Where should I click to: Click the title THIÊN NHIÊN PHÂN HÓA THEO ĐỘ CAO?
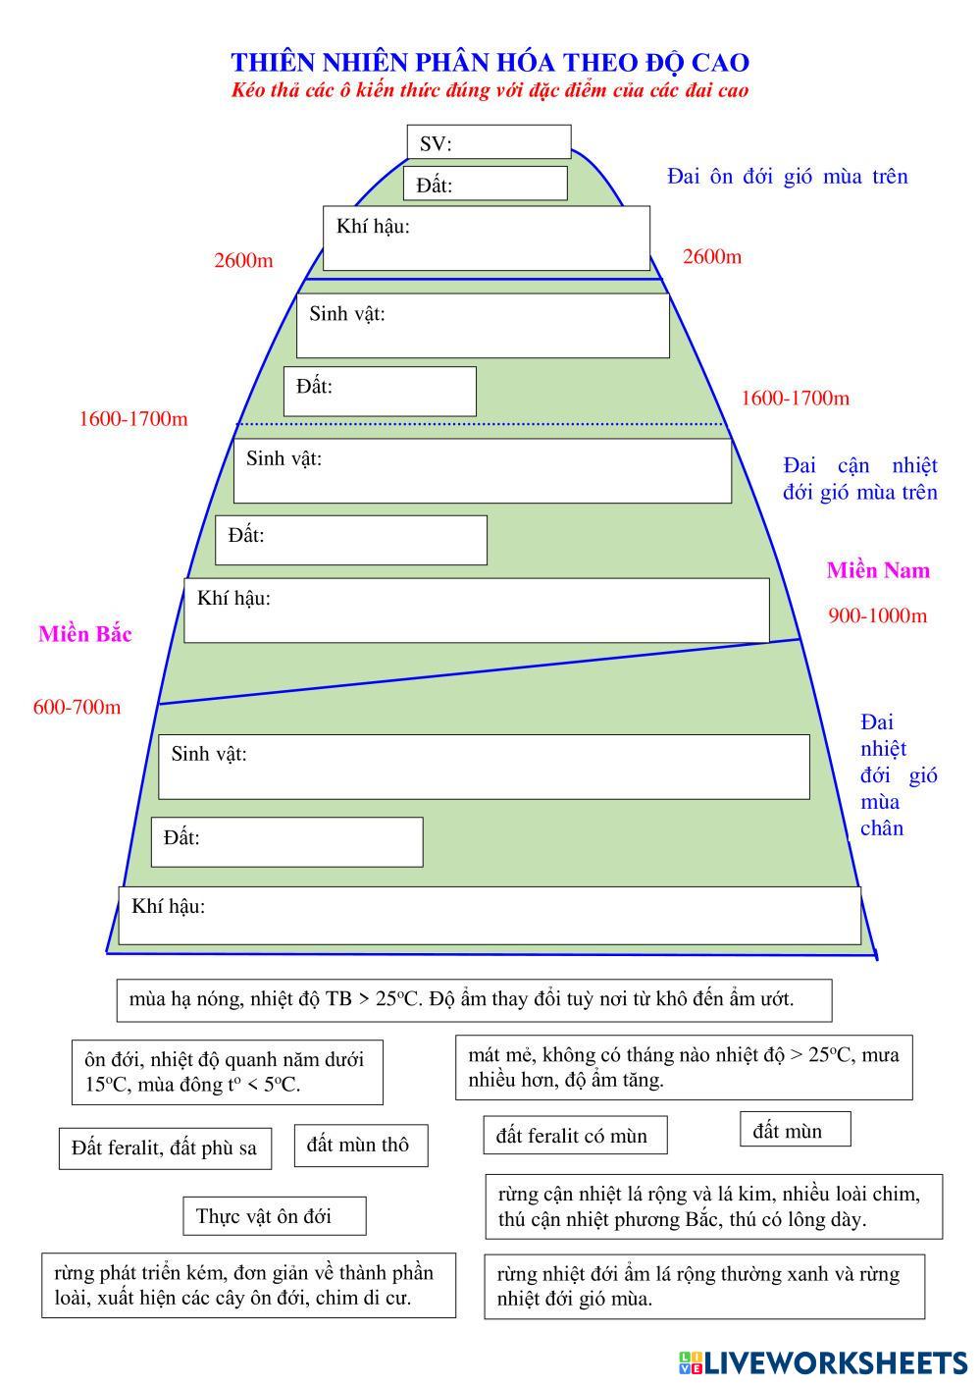point(490,63)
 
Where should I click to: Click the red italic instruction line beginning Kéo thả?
point(490,91)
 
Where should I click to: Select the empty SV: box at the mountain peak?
point(489,142)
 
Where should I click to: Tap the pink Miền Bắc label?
point(85,634)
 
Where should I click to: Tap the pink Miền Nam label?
point(878,571)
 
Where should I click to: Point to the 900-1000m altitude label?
point(877,616)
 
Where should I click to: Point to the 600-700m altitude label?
point(77,708)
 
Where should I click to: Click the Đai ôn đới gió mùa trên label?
point(788,177)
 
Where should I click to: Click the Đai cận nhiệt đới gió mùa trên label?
point(859,479)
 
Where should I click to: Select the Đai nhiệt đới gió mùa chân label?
point(897,775)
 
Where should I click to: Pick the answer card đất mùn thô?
point(361,1146)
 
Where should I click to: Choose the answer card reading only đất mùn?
point(795,1131)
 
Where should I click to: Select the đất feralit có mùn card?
point(575,1136)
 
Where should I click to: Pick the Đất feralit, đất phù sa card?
point(165,1147)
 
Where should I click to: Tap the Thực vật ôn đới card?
point(274,1216)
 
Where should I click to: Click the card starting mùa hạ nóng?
point(474,1000)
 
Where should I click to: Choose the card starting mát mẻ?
point(683,1067)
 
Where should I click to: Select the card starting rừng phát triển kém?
point(248,1285)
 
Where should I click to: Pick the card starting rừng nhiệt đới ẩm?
point(703,1286)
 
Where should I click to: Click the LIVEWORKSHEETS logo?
point(822,1362)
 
